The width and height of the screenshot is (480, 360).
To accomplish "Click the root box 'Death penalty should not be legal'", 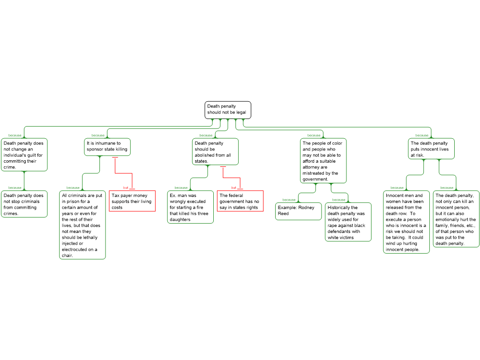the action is click(x=228, y=110).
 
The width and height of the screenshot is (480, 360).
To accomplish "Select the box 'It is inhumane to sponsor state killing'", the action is click(x=107, y=147).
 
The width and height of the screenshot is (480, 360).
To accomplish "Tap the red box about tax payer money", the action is click(x=132, y=201).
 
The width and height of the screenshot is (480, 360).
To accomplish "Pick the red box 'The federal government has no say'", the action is click(x=240, y=201).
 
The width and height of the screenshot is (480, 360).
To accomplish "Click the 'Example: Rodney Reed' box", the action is click(x=299, y=211).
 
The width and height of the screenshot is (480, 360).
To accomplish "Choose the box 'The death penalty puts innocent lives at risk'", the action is click(x=431, y=149).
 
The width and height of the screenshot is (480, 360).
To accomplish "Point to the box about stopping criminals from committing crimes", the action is click(x=24, y=204).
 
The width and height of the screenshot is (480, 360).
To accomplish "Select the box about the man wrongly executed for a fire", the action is click(x=190, y=207).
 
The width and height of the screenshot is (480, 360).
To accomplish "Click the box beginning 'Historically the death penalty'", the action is click(x=348, y=222).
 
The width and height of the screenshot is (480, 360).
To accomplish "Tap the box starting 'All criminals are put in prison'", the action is click(x=82, y=225).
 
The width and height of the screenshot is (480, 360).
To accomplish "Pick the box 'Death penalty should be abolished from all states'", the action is click(x=215, y=151).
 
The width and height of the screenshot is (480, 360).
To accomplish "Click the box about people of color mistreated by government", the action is click(x=323, y=161).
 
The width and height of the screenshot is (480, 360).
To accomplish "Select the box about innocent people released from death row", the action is click(x=406, y=222).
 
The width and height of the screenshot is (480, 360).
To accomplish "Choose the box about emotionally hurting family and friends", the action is click(x=456, y=219).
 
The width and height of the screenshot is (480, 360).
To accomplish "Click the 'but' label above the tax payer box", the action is click(x=126, y=187).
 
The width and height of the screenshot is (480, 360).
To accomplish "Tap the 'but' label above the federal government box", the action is click(x=233, y=187).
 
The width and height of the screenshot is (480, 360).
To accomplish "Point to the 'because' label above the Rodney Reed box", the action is click(x=289, y=200).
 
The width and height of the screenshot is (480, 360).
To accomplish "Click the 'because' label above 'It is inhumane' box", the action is click(x=98, y=135).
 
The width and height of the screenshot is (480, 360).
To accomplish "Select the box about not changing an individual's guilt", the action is click(x=24, y=155).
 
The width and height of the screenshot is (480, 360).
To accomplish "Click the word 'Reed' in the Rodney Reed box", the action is click(x=283, y=214).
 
